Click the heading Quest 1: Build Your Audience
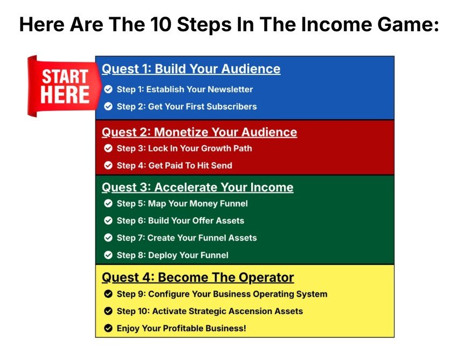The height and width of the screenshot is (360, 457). click(x=191, y=69)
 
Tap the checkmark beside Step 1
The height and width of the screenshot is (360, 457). click(x=108, y=89)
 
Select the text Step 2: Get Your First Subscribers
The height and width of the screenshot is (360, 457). click(x=186, y=107)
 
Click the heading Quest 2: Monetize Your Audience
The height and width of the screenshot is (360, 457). click(x=199, y=133)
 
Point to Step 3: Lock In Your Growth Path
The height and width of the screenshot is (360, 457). click(x=184, y=148)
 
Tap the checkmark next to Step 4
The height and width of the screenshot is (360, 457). click(x=108, y=165)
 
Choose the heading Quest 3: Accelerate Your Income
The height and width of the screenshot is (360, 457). click(x=197, y=188)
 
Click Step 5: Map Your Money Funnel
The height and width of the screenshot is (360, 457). click(x=182, y=204)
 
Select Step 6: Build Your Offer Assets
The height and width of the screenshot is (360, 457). click(x=180, y=220)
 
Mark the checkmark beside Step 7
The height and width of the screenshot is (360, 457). click(x=108, y=238)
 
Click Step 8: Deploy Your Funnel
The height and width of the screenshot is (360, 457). click(x=172, y=255)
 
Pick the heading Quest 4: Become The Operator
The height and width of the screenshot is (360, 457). click(x=197, y=278)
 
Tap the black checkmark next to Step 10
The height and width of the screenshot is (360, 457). click(x=108, y=311)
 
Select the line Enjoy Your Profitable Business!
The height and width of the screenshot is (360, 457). click(x=181, y=328)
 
